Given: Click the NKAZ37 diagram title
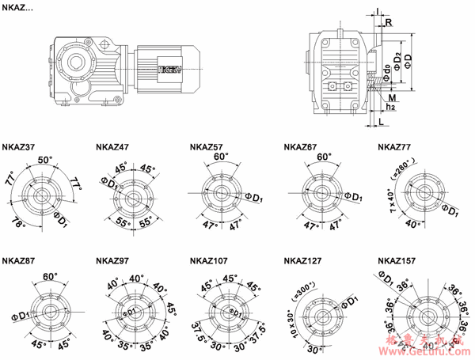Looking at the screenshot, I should (x=18, y=146).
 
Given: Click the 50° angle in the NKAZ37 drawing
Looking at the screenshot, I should (x=45, y=160).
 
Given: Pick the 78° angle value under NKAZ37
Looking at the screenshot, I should (x=17, y=225).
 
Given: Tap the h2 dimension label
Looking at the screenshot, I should (x=390, y=107).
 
